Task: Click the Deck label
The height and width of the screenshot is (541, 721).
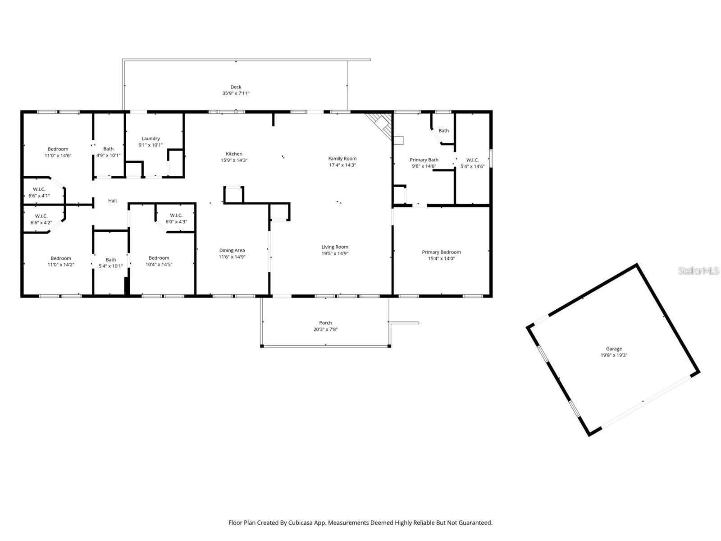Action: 236,87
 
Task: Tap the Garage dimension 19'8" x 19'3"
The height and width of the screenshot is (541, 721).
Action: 613,355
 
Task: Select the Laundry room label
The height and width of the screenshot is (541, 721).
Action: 151,138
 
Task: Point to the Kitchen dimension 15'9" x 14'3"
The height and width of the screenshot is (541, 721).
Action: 234,160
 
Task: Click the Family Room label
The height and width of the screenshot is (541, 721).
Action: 342,158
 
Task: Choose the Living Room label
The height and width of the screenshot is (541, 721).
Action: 335,247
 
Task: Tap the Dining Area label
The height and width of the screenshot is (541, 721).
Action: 232,250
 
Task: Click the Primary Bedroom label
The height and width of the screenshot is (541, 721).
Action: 441,252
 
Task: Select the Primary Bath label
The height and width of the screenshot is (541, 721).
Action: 424,160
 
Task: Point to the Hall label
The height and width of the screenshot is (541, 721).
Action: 112,201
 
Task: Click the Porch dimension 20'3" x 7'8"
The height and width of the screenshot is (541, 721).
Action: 325,330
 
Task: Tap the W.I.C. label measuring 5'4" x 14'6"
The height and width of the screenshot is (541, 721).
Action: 472,160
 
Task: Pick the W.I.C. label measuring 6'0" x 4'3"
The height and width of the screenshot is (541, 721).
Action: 176,215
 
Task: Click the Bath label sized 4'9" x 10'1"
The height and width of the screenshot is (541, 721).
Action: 108,149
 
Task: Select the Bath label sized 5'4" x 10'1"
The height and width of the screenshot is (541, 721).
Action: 110,259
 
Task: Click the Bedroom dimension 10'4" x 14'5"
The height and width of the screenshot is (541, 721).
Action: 159,265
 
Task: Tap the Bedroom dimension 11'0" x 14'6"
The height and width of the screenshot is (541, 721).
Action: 58,156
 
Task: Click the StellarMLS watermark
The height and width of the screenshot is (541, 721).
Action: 698,270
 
